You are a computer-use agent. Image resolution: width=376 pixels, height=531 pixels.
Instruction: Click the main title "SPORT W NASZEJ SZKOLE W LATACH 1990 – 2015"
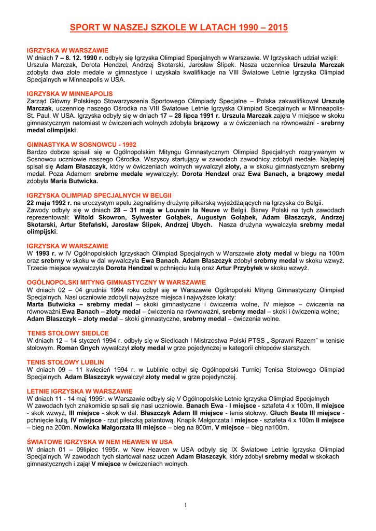click(178, 27)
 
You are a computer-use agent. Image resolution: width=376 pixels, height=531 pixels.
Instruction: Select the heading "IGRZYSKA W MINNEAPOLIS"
click(62, 93)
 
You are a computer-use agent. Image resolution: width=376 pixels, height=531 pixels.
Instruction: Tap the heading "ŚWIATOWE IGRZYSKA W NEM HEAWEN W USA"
click(100, 441)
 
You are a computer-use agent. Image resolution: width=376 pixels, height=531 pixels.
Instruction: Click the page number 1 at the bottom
click(186, 505)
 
